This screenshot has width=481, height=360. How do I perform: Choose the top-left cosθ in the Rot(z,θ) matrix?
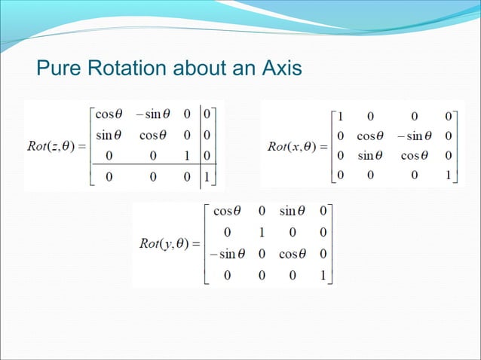[109, 114]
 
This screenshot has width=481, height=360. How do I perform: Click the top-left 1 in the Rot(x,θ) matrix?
[342, 116]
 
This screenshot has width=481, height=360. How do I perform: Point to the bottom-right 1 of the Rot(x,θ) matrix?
[448, 175]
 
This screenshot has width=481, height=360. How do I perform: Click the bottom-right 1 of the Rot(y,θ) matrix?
[323, 276]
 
